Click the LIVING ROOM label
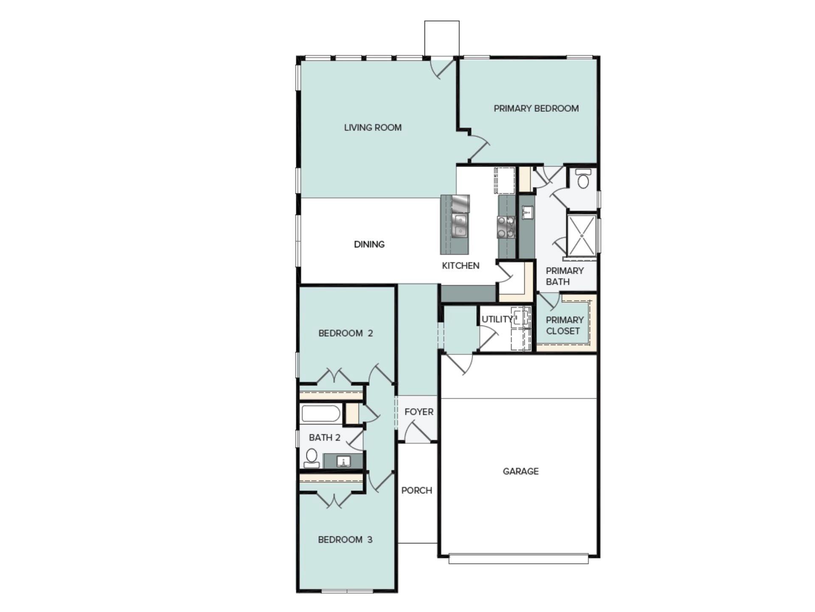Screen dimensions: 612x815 [373, 127]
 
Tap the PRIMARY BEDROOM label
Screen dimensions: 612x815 [536, 108]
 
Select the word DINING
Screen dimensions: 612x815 [369, 244]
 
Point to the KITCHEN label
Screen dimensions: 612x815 [461, 266]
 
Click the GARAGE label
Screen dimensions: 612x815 [520, 471]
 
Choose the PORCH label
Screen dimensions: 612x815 [416, 490]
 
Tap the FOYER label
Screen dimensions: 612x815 [419, 412]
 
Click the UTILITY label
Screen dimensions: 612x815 [497, 319]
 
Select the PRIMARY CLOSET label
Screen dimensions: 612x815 [564, 326]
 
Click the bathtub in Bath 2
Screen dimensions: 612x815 [320, 414]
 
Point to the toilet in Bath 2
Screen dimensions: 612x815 [312, 457]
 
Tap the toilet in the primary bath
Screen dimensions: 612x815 [584, 179]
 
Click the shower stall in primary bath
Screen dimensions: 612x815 [582, 236]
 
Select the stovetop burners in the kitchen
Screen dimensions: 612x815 [506, 227]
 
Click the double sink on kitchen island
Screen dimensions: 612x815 [459, 226]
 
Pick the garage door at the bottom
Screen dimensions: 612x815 [518, 558]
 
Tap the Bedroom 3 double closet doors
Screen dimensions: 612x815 [334, 500]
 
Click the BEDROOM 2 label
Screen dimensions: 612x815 [345, 333]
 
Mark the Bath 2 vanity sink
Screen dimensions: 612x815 [343, 461]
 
